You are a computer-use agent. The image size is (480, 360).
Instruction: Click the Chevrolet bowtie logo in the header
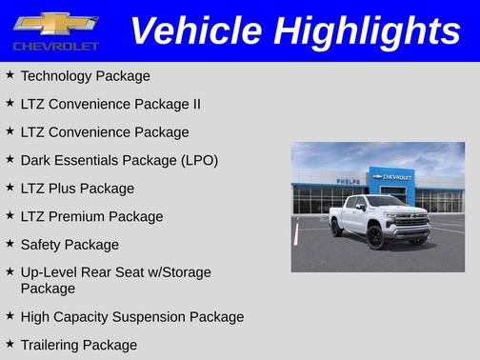[56, 23]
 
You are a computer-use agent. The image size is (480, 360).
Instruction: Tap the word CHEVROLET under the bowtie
[56, 46]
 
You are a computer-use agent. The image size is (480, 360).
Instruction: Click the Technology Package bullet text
[85, 75]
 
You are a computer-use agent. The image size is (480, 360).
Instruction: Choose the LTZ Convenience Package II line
[110, 104]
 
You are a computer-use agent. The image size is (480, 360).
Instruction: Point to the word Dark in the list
[37, 160]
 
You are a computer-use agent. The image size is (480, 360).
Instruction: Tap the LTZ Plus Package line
[77, 189]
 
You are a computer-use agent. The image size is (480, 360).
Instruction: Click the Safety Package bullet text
[70, 245]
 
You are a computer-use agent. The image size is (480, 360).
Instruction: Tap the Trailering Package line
[78, 345]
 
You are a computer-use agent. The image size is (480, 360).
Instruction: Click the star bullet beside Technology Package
[10, 74]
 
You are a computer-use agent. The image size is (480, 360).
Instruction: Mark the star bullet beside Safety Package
[10, 244]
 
